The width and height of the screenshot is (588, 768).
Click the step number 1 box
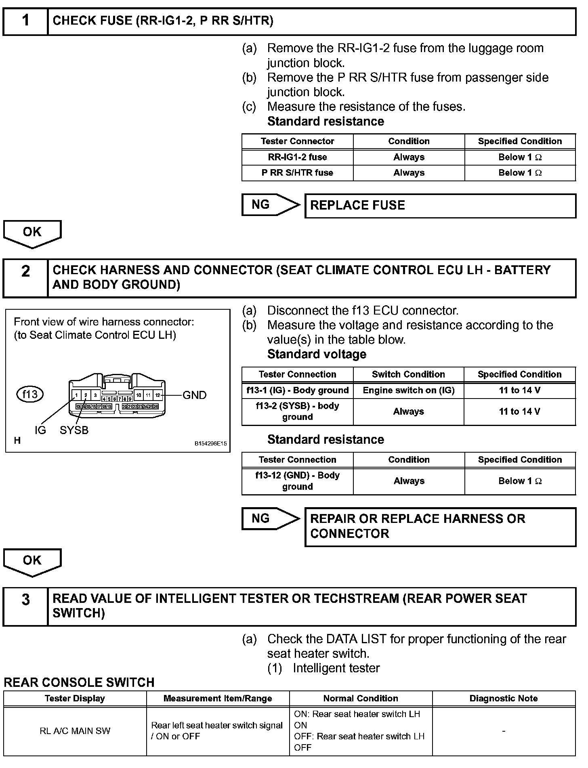coord(25,21)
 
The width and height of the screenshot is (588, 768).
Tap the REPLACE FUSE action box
coord(440,206)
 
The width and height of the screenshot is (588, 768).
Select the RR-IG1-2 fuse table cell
coord(297,157)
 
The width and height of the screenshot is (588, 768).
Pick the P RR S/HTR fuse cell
coord(297,173)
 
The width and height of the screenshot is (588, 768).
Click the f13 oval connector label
coord(30,394)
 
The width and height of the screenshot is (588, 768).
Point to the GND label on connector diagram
coord(194,395)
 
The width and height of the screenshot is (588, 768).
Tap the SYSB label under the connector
coord(74,430)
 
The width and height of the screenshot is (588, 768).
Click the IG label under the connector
coord(40,430)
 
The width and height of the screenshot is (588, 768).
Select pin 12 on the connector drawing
coord(158,395)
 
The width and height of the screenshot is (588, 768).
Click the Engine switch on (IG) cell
coord(408,390)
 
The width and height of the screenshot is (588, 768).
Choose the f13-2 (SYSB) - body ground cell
coord(297,411)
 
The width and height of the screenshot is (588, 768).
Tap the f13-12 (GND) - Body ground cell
coord(297,481)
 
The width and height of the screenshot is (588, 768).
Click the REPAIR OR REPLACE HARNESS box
coord(440,527)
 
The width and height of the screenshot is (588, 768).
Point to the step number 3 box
coord(25,606)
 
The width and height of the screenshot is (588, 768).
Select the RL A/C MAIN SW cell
coord(75,731)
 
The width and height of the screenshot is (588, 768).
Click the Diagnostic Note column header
coord(504,699)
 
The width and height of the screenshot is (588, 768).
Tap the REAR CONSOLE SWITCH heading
coord(79,682)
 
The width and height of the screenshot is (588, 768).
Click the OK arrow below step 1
coord(32,233)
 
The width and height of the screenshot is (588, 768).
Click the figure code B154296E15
coord(210,443)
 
